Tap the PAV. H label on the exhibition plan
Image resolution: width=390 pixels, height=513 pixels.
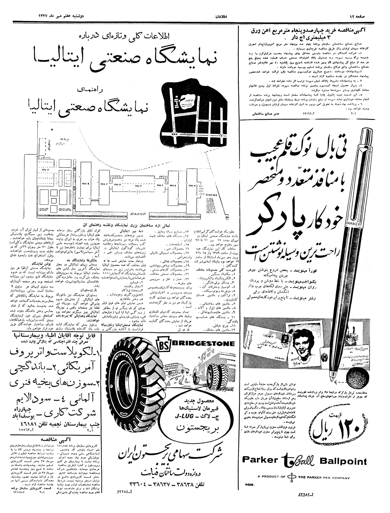pyautogui.click(x=192, y=185)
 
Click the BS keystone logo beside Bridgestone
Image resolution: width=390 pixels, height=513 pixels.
pyautogui.click(x=164, y=344)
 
